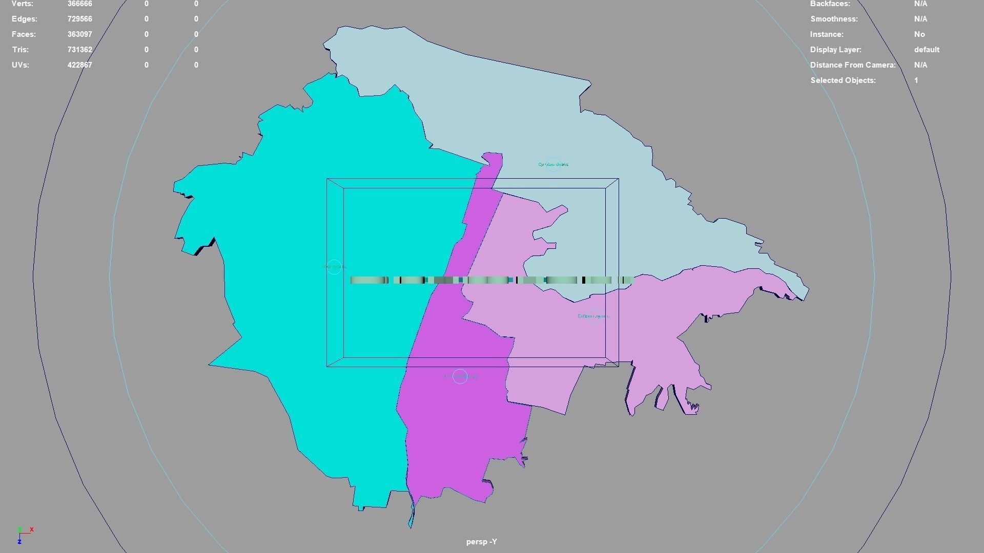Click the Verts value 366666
(79, 4)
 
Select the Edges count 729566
(79, 19)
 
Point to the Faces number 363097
(79, 34)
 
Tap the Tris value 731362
(79, 50)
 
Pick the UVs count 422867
(79, 65)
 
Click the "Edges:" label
(25, 19)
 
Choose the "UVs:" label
(20, 65)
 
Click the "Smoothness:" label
(834, 19)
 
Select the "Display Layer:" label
(835, 50)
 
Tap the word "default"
(927, 50)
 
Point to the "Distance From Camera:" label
(853, 65)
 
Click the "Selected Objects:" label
(843, 80)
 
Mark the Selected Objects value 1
(916, 80)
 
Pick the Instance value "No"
(919, 34)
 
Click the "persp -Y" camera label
(481, 542)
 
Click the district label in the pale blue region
(553, 164)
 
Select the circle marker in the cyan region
(334, 267)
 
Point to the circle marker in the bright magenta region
(460, 376)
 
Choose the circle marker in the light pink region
(593, 316)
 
